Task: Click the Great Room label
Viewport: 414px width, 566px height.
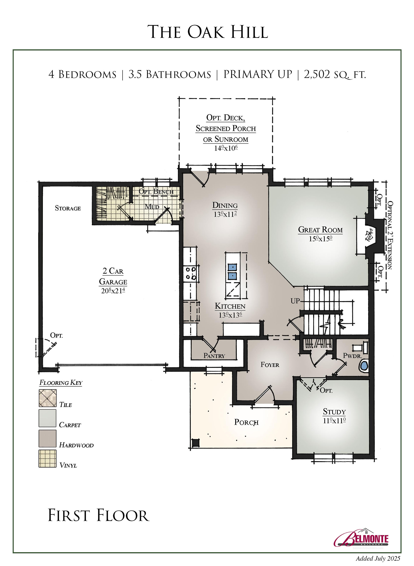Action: pyautogui.click(x=320, y=230)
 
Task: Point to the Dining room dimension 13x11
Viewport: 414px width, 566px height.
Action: pyautogui.click(x=225, y=214)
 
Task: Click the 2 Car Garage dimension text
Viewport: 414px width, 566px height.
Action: pyautogui.click(x=113, y=291)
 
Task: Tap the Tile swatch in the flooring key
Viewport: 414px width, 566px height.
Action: pyautogui.click(x=47, y=398)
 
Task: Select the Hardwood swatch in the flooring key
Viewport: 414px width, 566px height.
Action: pyautogui.click(x=47, y=438)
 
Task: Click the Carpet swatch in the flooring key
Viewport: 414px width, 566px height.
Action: pyautogui.click(x=47, y=418)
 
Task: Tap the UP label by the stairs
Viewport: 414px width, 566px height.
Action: pyautogui.click(x=295, y=301)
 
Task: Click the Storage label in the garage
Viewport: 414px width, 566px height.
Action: pyautogui.click(x=68, y=208)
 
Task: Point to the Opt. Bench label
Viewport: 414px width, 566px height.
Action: pyautogui.click(x=156, y=192)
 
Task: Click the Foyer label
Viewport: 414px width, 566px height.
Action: pyautogui.click(x=270, y=365)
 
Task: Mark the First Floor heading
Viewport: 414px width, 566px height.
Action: pyautogui.click(x=99, y=516)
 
